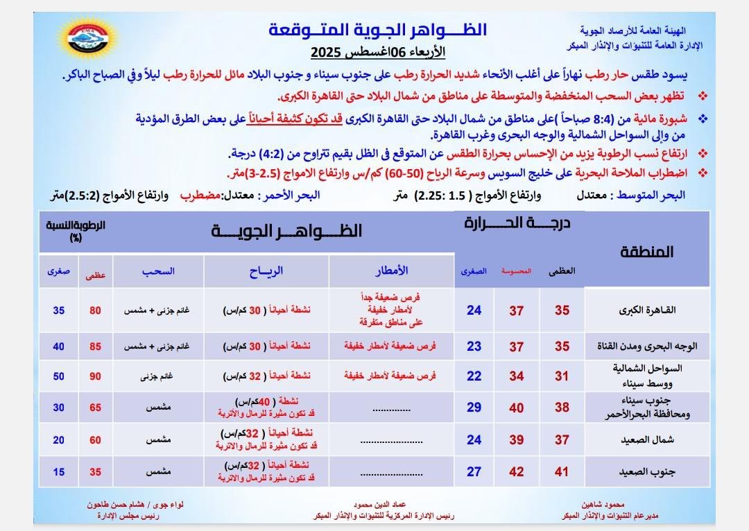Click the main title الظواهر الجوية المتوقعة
pyautogui.click(x=377, y=31)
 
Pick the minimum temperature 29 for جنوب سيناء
pyautogui.click(x=474, y=408)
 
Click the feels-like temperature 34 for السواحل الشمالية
pyautogui.click(x=516, y=376)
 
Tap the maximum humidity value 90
pyautogui.click(x=95, y=376)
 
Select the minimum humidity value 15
pyautogui.click(x=59, y=472)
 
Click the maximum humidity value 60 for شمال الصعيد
pyautogui.click(x=95, y=440)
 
